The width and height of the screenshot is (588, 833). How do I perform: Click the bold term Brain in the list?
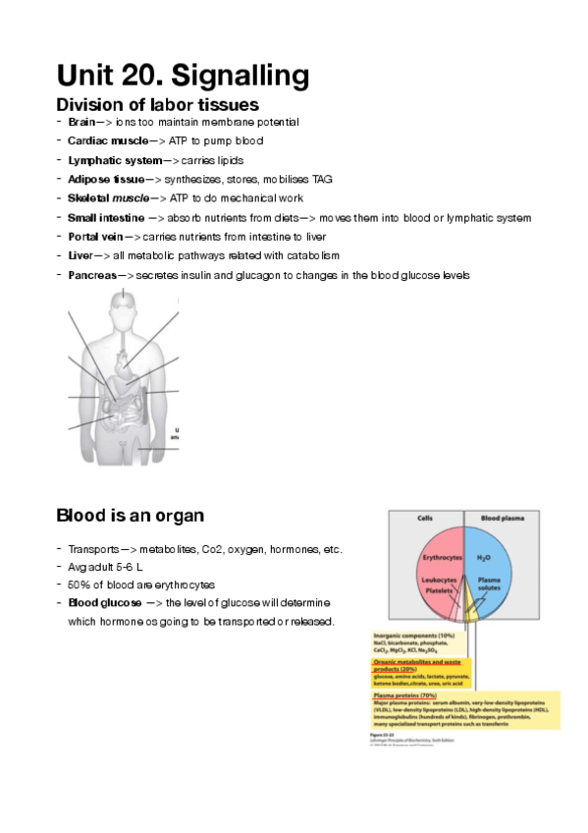click(81, 122)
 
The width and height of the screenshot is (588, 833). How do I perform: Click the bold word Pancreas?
click(91, 275)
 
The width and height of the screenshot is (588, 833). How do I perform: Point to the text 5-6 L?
click(133, 566)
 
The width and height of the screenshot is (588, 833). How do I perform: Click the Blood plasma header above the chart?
click(506, 517)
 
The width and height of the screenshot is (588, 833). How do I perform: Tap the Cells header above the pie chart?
click(426, 517)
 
